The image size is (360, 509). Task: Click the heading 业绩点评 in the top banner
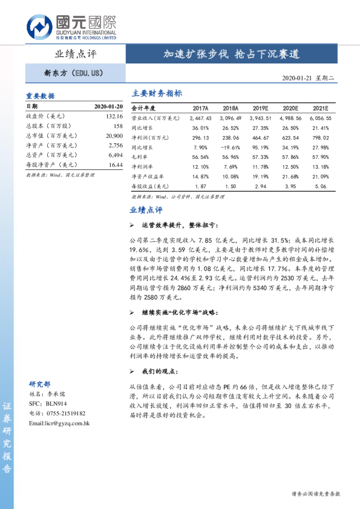76,54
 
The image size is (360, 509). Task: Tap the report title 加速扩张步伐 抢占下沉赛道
232,54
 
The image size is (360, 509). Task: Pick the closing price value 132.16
114,115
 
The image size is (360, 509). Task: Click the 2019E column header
261,107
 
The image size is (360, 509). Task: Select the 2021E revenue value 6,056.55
320,118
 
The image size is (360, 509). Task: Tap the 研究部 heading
40,384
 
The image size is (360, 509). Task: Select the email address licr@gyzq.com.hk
59,423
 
